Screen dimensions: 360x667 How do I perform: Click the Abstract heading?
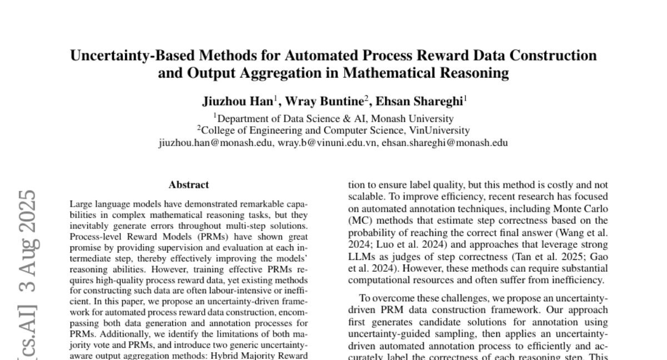click(x=189, y=185)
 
